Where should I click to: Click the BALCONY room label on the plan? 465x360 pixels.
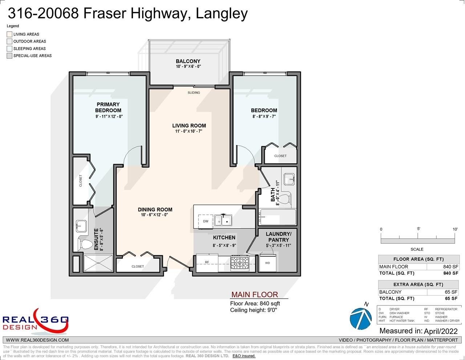click(x=188, y=61)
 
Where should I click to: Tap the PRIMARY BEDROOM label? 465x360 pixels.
click(x=108, y=107)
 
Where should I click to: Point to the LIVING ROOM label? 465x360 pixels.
click(x=189, y=125)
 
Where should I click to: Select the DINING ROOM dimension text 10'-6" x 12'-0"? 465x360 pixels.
click(x=154, y=215)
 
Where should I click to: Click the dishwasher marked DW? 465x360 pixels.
click(x=205, y=221)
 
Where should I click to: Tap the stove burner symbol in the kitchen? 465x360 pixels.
click(x=240, y=263)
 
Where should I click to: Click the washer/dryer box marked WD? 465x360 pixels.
click(x=267, y=263)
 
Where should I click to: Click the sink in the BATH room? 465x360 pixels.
click(x=289, y=179)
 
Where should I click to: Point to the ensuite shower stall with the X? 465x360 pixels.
click(x=98, y=263)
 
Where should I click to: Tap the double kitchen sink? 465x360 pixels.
click(x=223, y=220)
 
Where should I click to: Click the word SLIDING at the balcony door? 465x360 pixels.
click(x=194, y=93)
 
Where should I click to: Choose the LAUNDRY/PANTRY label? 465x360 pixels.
click(x=278, y=237)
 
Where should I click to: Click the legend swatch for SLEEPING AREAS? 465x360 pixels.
click(x=9, y=49)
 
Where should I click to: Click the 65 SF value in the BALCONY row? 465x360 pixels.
click(x=451, y=292)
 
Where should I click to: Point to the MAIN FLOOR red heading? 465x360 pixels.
click(x=255, y=295)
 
